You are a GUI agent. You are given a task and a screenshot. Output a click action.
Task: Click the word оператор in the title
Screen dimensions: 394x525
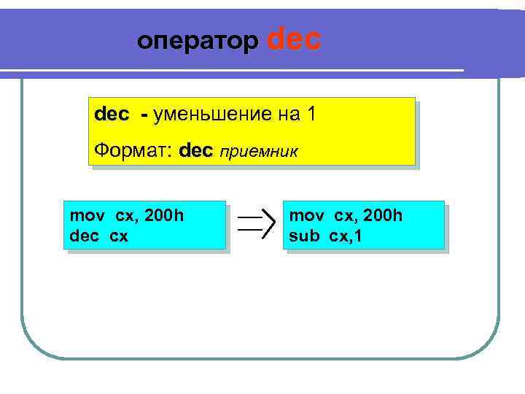click(x=197, y=42)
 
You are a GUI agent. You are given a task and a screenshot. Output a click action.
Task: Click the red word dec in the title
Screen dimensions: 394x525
click(x=295, y=39)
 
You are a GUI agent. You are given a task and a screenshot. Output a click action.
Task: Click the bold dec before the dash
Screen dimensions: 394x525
click(x=112, y=115)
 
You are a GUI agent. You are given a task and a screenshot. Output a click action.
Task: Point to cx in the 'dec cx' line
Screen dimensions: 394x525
click(x=119, y=236)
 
